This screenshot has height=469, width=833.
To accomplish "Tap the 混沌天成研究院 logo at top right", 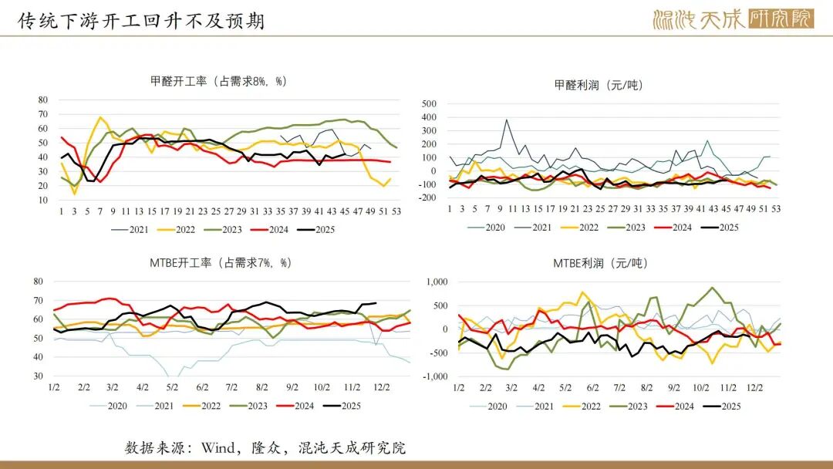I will (x=733, y=19).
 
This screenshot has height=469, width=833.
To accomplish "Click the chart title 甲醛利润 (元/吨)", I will (x=599, y=85).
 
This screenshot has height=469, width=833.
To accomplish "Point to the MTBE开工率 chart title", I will (x=220, y=263).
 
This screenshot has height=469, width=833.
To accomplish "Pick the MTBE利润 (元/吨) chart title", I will (x=599, y=263).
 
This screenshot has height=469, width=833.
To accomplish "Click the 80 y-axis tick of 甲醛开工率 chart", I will (x=42, y=100).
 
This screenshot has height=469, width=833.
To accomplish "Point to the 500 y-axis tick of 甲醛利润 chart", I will (x=430, y=103).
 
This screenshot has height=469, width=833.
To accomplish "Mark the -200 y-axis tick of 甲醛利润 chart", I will (x=427, y=197).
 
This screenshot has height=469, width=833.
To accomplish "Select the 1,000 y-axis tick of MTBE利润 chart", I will (x=437, y=282).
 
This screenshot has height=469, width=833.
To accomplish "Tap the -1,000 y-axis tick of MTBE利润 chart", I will (x=435, y=376).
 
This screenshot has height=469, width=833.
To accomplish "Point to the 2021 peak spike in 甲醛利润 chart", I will (x=507, y=120).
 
